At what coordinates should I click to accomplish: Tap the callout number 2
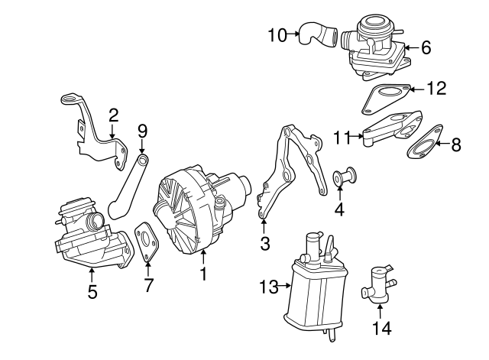[113, 115]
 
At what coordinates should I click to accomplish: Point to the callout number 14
[339, 207]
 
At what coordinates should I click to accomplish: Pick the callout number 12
[426, 47]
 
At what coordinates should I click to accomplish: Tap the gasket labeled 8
[426, 144]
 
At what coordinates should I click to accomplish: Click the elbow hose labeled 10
[316, 35]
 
